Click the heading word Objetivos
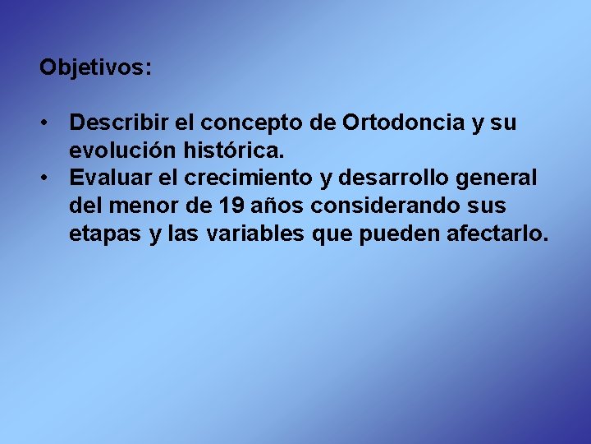94,67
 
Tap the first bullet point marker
48,123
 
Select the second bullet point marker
48,178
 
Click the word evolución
117,150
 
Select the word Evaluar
108,178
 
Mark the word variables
255,234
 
